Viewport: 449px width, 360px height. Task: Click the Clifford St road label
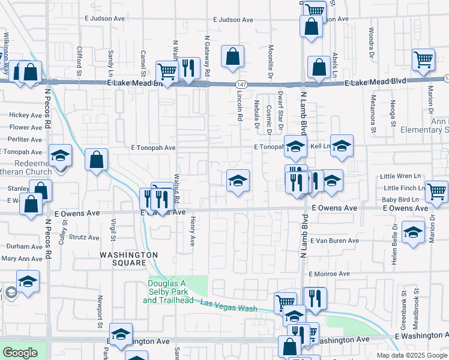point(79,60)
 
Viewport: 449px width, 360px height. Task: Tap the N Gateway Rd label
point(206,55)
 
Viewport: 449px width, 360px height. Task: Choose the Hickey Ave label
point(26,115)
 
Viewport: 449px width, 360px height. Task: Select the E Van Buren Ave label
point(334,241)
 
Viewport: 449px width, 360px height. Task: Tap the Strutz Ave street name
point(83,238)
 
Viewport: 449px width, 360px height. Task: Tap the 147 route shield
point(241,85)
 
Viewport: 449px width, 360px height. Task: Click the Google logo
point(20,353)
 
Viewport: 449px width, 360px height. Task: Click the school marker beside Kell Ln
point(342,146)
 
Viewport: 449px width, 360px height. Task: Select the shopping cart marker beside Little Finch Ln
point(436,191)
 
